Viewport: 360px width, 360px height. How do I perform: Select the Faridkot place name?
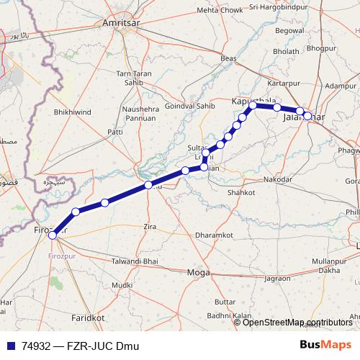click(x=89, y=317)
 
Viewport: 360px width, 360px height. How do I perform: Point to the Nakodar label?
click(x=278, y=179)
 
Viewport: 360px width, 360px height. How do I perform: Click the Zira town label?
click(x=150, y=227)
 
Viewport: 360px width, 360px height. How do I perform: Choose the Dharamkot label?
click(x=214, y=235)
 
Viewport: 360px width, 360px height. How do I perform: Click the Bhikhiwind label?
click(x=73, y=113)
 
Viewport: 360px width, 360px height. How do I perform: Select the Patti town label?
click(x=115, y=132)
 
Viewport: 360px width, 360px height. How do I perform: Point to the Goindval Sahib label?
click(x=191, y=106)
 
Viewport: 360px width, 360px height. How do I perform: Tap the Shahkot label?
click(x=240, y=193)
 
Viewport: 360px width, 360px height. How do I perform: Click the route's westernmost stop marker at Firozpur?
click(x=52, y=235)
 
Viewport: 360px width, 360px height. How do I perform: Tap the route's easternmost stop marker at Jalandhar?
click(x=307, y=115)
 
